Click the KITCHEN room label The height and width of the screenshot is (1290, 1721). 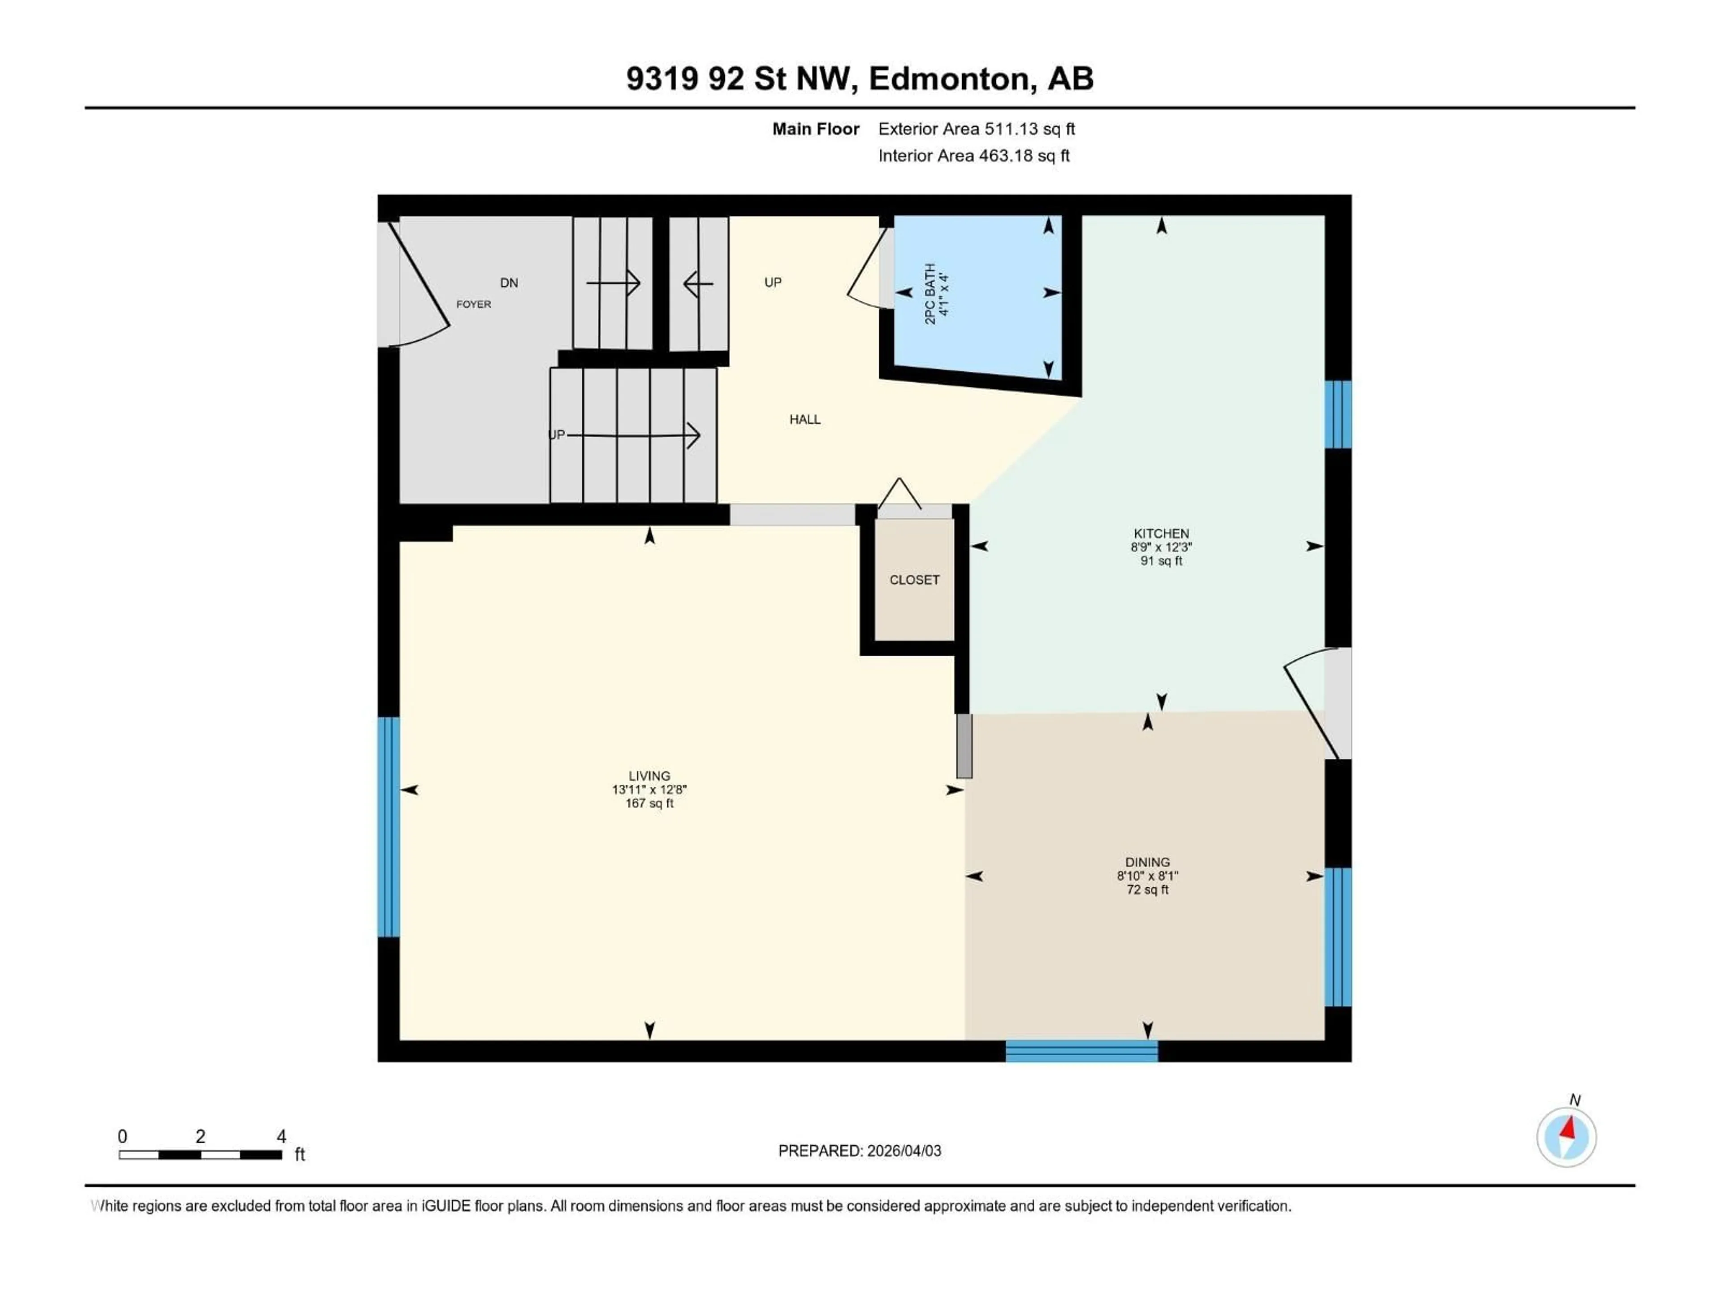1161,533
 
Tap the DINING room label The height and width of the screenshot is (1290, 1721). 1147,861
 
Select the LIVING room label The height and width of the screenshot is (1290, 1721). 649,775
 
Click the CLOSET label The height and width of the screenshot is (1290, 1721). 914,579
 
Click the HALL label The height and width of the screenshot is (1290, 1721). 804,419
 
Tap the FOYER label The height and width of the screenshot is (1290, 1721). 473,304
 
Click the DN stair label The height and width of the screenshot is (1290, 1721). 509,282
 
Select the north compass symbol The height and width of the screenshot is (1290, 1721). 1566,1137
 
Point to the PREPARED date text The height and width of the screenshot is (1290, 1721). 859,1151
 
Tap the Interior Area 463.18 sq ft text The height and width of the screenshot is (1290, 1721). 973,155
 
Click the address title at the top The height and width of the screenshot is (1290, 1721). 860,78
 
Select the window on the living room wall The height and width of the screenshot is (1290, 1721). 388,826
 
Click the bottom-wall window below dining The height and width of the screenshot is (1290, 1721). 1081,1051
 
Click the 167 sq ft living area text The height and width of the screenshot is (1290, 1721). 649,803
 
